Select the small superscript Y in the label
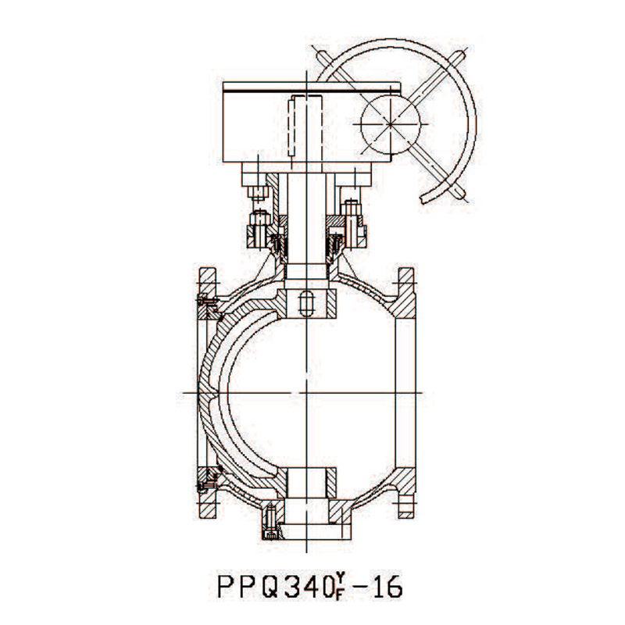click(x=340, y=577)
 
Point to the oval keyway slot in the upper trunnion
click(x=306, y=303)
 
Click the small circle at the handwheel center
click(x=390, y=124)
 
